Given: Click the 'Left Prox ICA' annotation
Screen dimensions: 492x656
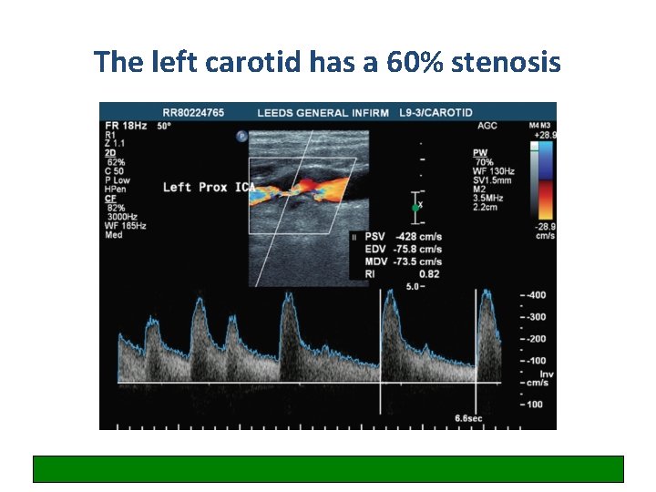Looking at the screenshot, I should coord(208,188).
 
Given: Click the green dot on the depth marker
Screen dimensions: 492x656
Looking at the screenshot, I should coord(415,208).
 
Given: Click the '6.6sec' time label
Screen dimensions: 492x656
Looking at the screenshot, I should coord(469,418).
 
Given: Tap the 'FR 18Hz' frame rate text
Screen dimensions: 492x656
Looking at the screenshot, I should coord(126,125).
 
